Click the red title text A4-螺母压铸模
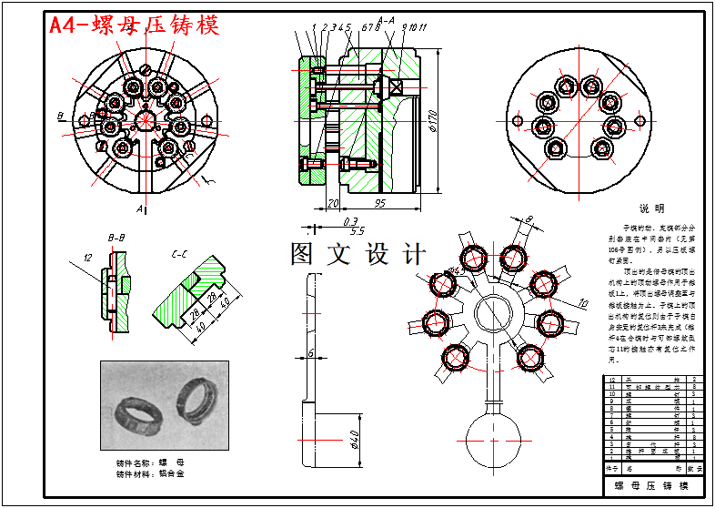click(135, 25)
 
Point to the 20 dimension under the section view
click(332, 203)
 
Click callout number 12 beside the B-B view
click(88, 258)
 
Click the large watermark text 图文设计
click(357, 254)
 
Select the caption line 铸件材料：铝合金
click(149, 473)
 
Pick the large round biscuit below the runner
click(492, 442)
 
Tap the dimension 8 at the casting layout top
click(529, 218)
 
